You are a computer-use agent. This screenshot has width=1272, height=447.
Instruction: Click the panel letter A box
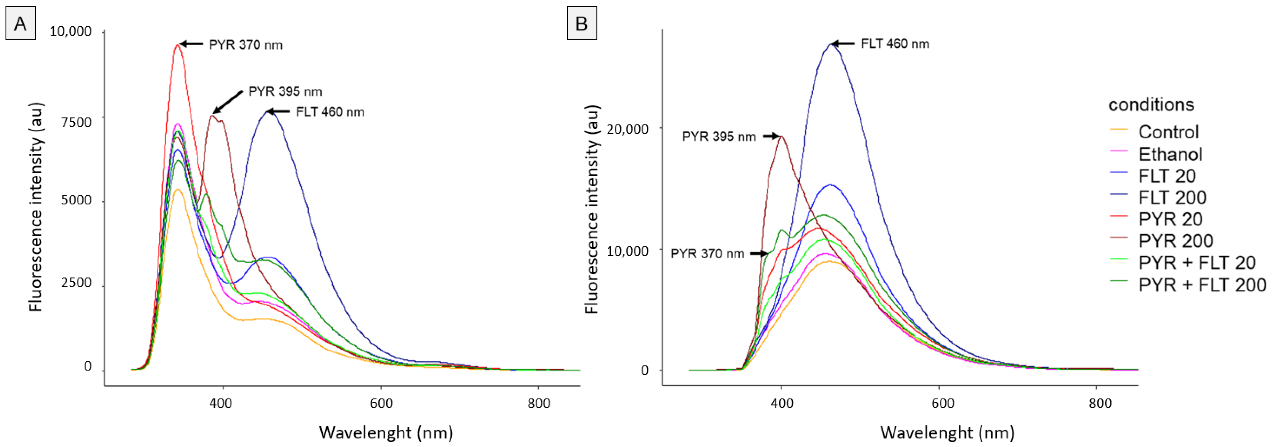click(x=20, y=23)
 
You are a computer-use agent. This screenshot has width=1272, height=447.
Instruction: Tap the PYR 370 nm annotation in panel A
click(x=245, y=45)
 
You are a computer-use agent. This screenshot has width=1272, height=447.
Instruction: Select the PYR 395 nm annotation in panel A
click(x=285, y=91)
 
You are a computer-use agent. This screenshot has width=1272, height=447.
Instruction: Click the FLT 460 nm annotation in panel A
click(x=330, y=112)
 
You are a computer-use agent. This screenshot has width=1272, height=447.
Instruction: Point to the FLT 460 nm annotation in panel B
click(x=895, y=44)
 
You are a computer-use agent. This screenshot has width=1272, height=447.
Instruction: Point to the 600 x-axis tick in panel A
click(x=381, y=403)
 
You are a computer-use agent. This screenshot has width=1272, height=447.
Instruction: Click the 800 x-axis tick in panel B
click(x=1100, y=403)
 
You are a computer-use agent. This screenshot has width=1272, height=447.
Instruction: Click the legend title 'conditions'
click(x=1151, y=105)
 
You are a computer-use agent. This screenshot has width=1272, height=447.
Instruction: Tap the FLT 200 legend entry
click(x=1172, y=198)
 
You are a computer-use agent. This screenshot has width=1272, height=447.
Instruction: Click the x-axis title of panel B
click(x=947, y=433)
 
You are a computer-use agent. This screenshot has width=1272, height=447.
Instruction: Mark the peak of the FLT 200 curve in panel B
click(x=831, y=44)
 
